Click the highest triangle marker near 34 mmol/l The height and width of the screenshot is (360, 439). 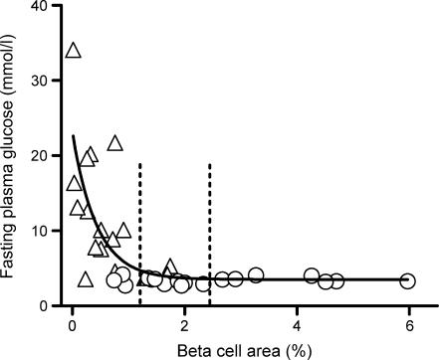click(73, 51)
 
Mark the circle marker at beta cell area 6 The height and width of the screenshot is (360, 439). click(407, 281)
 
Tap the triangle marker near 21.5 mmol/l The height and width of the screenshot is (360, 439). click(114, 144)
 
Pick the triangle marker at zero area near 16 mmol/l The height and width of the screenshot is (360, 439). click(74, 184)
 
